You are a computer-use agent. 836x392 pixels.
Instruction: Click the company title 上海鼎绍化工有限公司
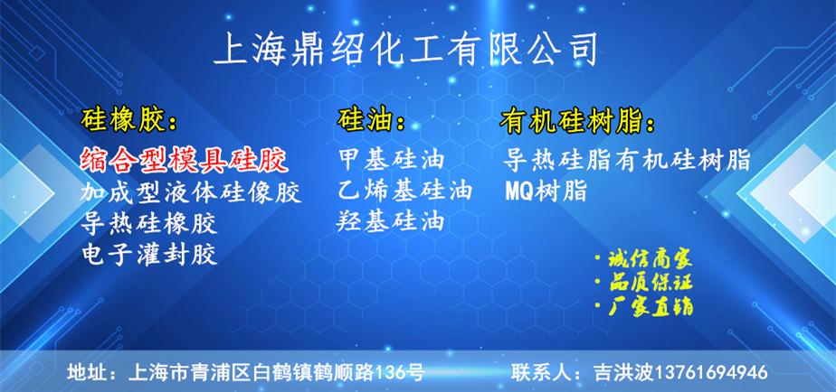pos(404,50)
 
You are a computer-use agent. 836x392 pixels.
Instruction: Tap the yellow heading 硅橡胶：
pos(128,122)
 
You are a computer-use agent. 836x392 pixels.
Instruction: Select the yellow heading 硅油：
pos(371,121)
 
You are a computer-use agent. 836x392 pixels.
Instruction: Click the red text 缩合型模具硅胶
pos(185,160)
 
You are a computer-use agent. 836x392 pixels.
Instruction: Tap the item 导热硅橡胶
pos(149,224)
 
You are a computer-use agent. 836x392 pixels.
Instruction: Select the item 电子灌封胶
pos(149,255)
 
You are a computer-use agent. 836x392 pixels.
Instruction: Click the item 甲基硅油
pos(392,159)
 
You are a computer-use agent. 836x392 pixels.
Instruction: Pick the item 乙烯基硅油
pos(405,191)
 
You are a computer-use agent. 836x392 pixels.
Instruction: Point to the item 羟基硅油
pos(390,221)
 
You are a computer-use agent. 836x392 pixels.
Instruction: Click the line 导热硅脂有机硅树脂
pos(628,160)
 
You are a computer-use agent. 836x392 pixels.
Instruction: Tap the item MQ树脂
pos(546,191)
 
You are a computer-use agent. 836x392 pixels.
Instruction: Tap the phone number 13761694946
pos(711,372)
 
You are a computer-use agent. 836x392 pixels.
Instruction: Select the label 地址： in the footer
pos(92,372)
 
